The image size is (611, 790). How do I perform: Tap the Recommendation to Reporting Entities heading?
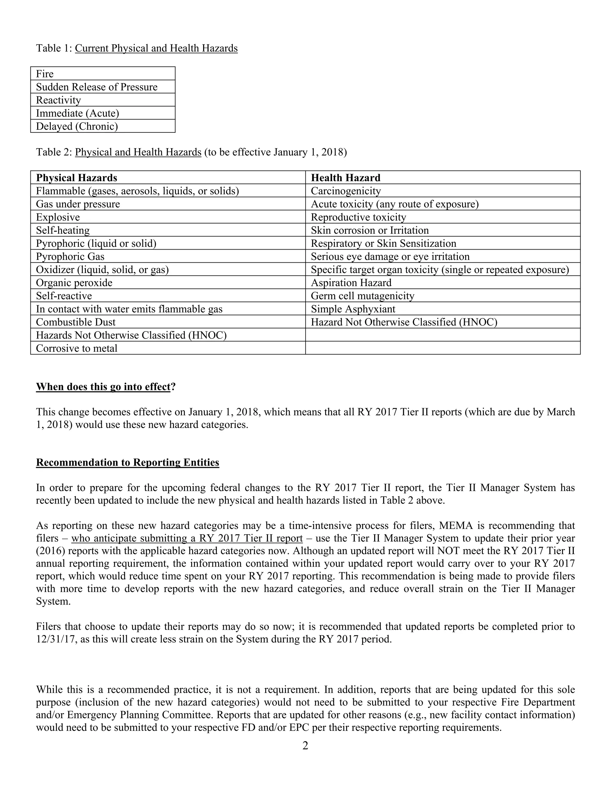127,463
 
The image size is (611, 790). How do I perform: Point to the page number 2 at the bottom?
305,746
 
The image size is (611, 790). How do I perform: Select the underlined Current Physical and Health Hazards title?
156,48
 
